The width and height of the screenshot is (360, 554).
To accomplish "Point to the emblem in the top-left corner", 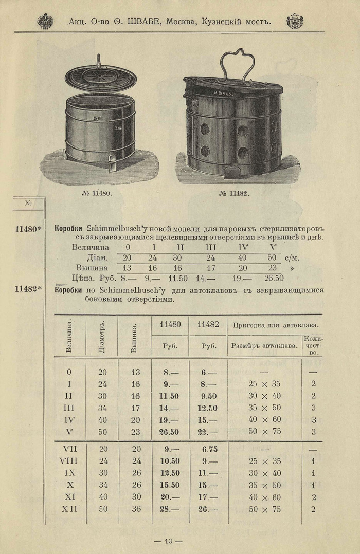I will [45, 21].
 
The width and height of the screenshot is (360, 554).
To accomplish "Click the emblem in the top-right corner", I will [295, 21].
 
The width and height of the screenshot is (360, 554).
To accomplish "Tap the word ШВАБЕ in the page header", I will [138, 22].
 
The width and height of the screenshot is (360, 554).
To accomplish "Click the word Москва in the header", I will [183, 22].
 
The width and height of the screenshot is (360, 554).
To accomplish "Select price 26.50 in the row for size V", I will [169, 431].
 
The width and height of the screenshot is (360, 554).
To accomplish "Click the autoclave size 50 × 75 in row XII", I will [264, 509].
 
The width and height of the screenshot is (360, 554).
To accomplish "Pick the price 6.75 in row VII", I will [206, 449].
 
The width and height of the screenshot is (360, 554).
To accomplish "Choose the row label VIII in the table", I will [68, 461].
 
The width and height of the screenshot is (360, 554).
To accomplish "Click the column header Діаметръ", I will [102, 337].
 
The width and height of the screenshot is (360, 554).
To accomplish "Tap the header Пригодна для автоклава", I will [275, 325].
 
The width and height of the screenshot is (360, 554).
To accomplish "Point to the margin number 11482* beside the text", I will [28, 289].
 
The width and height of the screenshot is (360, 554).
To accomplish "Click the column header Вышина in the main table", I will [134, 337].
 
